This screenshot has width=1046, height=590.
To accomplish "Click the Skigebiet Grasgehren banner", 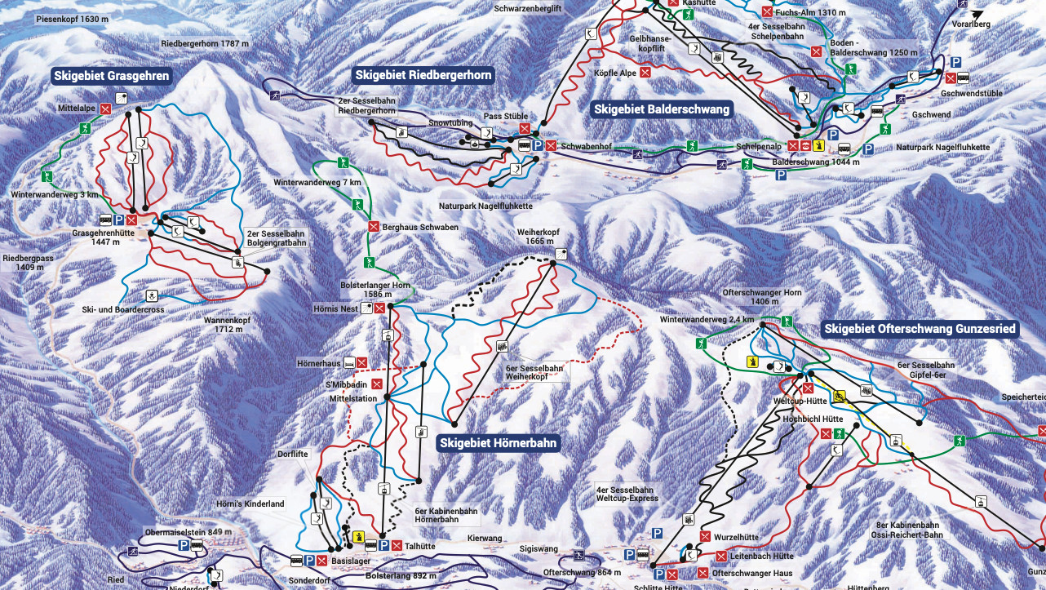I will click(112, 77).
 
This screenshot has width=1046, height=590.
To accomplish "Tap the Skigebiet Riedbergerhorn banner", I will click(423, 75).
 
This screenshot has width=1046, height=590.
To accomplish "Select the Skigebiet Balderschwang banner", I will click(662, 109).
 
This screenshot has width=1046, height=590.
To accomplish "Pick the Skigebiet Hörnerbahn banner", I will click(499, 443).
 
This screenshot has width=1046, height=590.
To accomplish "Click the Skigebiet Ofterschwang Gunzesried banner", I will click(920, 329).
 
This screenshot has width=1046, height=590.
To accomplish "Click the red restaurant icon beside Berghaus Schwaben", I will click(374, 227).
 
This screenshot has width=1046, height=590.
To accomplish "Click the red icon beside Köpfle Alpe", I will click(645, 73).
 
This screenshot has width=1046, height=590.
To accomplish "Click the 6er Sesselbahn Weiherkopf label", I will click(534, 374).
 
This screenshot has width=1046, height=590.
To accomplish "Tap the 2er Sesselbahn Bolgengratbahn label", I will click(276, 238).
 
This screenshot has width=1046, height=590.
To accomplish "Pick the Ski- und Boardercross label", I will click(123, 310).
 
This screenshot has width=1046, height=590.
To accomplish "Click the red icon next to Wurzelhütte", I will click(705, 537).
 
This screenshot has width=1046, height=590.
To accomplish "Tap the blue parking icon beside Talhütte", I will click(383, 545).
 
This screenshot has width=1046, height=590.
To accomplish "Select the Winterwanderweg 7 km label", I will click(317, 182).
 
